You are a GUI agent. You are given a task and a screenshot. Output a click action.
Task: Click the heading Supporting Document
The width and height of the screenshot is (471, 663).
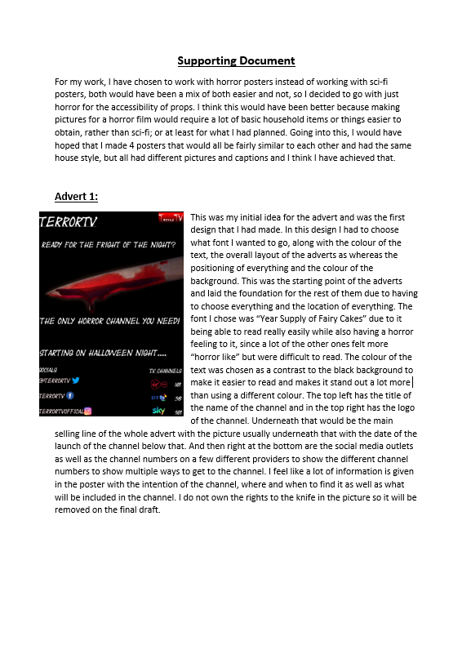pyautogui.click(x=236, y=60)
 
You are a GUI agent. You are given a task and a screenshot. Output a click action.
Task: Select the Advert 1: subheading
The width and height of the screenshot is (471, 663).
pyautogui.click(x=76, y=196)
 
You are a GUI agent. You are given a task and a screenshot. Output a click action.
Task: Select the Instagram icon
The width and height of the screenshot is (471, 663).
pyautogui.click(x=87, y=412)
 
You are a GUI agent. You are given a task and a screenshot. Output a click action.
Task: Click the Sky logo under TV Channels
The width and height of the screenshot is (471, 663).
pyautogui.click(x=158, y=411)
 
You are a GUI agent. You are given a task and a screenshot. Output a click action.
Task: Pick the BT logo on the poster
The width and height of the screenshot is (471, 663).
pyautogui.click(x=158, y=397)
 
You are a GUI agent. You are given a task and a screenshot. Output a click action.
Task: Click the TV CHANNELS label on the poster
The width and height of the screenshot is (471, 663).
pyautogui.click(x=165, y=371)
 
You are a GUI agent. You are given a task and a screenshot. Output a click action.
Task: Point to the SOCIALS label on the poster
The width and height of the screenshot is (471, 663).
pyautogui.click(x=48, y=370)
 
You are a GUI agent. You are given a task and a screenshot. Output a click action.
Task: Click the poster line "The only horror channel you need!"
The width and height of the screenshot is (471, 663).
pyautogui.click(x=110, y=322)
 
